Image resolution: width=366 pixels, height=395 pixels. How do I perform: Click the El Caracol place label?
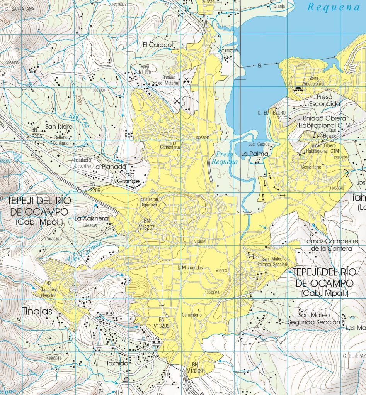tap(157, 45)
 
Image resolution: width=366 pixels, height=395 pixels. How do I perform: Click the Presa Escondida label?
tap(325, 101)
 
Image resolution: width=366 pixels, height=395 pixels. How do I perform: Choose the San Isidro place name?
tap(59, 127)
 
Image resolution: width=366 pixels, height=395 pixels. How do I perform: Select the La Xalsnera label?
tap(92, 219)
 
